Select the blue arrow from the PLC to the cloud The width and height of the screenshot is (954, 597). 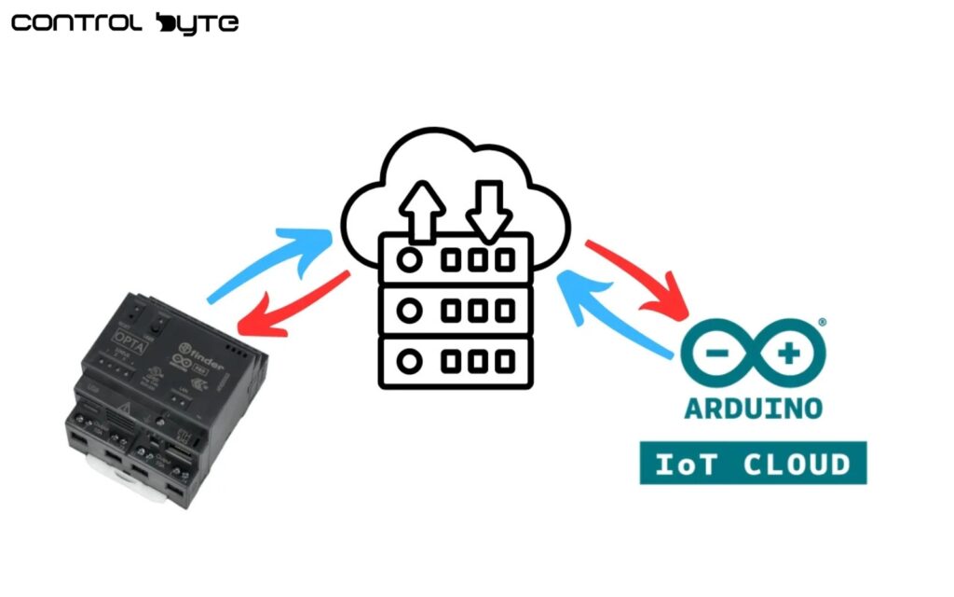pos(270,266)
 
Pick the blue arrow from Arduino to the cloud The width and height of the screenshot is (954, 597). pos(615,312)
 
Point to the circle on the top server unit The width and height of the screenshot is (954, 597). pos(408,259)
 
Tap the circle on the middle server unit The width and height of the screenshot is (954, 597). pos(408,310)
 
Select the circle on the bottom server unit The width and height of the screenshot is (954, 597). pos(408,360)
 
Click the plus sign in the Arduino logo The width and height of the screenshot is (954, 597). pos(789,354)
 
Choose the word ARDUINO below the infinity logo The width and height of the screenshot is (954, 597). pos(753,408)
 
